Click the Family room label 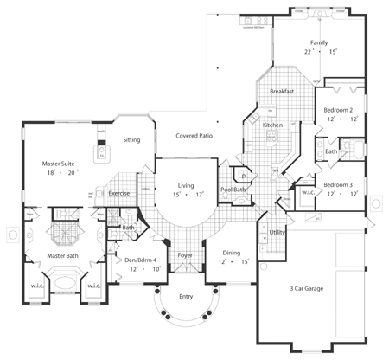pyautogui.click(x=319, y=42)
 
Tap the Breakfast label pyautogui.click(x=282, y=92)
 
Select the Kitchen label pyautogui.click(x=273, y=125)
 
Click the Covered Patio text pyautogui.click(x=194, y=136)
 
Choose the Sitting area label pyautogui.click(x=131, y=138)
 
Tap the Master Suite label pyautogui.click(x=61, y=162)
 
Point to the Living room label pyautogui.click(x=186, y=185)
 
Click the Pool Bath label pyautogui.click(x=234, y=190)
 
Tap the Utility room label pyautogui.click(x=277, y=233)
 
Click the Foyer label pyautogui.click(x=186, y=255)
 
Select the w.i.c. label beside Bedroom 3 pyautogui.click(x=308, y=192)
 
